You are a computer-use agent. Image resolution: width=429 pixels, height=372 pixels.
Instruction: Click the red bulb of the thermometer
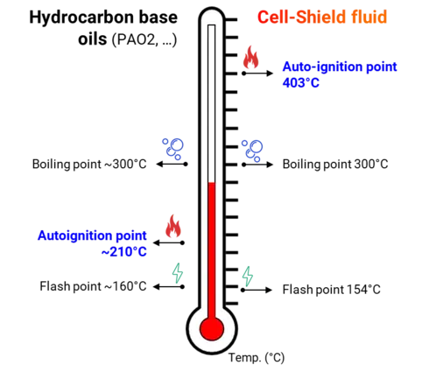tap(212, 329)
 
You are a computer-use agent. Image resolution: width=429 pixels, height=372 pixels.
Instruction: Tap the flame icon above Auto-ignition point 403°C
tap(250, 57)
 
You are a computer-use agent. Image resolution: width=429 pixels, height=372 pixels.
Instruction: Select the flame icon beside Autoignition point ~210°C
tap(173, 226)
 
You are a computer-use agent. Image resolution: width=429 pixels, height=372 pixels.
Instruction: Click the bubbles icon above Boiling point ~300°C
tap(172, 149)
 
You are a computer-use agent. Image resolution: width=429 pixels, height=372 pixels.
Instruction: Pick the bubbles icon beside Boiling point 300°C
tap(252, 151)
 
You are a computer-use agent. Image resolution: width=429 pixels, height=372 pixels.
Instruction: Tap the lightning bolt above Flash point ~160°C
tap(178, 273)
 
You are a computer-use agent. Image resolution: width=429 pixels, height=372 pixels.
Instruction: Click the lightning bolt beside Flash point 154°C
tap(248, 277)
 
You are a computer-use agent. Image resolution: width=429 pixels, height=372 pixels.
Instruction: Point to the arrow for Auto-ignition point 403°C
tap(257, 74)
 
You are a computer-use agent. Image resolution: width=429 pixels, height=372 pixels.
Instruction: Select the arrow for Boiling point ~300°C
tap(172, 165)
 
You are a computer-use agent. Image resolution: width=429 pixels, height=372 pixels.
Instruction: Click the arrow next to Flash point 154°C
tap(257, 290)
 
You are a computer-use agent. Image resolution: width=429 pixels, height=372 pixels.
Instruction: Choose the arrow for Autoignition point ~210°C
tap(169, 242)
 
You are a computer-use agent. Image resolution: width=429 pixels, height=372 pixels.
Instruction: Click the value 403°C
tap(301, 83)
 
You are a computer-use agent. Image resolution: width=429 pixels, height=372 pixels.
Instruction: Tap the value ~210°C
tap(124, 252)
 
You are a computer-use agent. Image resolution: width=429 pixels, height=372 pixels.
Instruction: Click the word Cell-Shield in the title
tap(302, 17)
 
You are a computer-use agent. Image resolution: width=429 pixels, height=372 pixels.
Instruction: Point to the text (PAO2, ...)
tap(144, 39)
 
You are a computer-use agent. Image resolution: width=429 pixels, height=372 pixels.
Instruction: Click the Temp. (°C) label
tap(257, 357)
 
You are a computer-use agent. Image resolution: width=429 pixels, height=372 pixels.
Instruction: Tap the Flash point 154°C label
tap(332, 290)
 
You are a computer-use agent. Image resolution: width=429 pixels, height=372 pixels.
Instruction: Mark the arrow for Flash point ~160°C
tap(169, 287)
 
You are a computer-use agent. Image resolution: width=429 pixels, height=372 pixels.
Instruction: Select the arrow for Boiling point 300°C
tap(257, 165)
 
